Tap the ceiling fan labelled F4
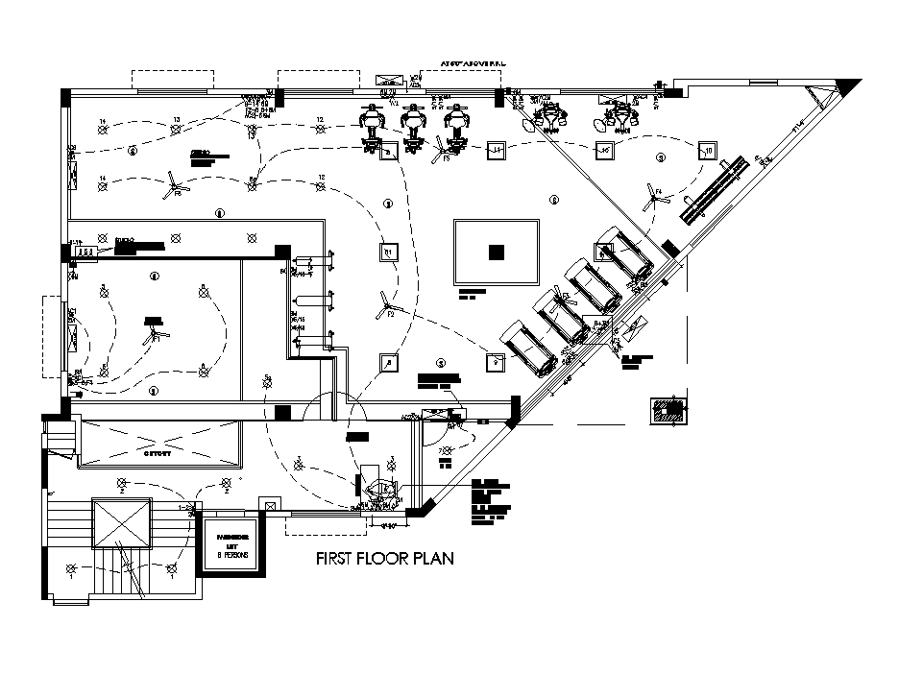tap(655, 199)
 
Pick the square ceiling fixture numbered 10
tap(707, 150)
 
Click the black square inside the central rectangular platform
tap(496, 253)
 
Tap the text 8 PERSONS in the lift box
tap(231, 555)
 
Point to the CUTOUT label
tap(158, 453)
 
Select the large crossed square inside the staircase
tap(120, 523)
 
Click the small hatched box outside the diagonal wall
tap(668, 410)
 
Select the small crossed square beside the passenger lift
tap(271, 504)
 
